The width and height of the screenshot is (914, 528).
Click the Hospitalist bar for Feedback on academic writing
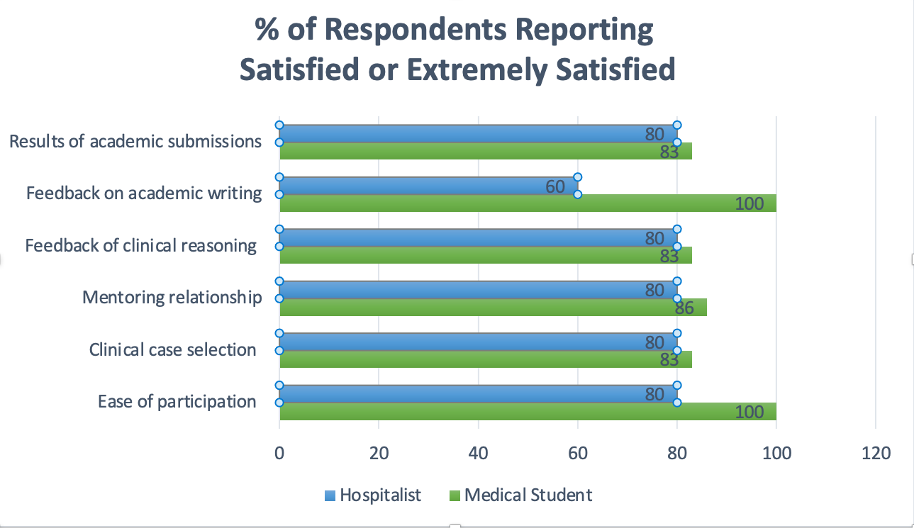click(x=425, y=186)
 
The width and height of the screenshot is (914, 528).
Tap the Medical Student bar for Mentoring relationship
click(x=489, y=308)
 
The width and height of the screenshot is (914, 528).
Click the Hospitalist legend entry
click(x=373, y=495)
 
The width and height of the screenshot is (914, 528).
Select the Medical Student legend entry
click(x=521, y=495)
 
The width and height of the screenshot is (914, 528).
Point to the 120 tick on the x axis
click(x=876, y=453)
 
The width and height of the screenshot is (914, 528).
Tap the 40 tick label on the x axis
click(x=479, y=453)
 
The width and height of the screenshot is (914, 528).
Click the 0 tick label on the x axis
click(x=280, y=453)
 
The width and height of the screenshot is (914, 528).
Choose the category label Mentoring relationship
click(x=172, y=297)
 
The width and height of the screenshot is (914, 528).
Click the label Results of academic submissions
click(x=135, y=141)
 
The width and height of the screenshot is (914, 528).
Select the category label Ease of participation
click(x=177, y=402)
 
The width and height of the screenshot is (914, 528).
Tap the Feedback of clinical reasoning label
click(x=140, y=246)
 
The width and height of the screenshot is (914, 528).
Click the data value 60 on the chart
click(x=555, y=186)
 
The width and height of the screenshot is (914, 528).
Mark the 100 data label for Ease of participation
click(x=749, y=412)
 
